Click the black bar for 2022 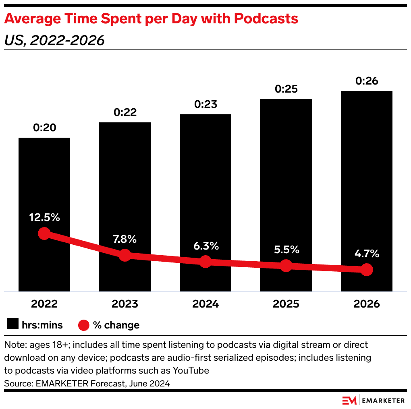coord(44,181)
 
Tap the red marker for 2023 coord(125,255)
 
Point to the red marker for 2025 coord(286,266)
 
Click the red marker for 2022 coord(44,233)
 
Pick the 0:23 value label coord(205,105)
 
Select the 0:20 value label coord(44,128)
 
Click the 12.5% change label coord(44,218)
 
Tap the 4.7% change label coord(366,254)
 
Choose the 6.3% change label coord(205,246)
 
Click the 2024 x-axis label coord(205,304)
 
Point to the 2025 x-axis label coord(286,304)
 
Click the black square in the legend coord(14,325)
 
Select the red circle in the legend coord(84,325)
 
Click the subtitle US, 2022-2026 coord(54,40)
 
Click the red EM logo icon coord(349,401)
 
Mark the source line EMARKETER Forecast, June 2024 coord(87,384)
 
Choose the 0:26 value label coord(366,81)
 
